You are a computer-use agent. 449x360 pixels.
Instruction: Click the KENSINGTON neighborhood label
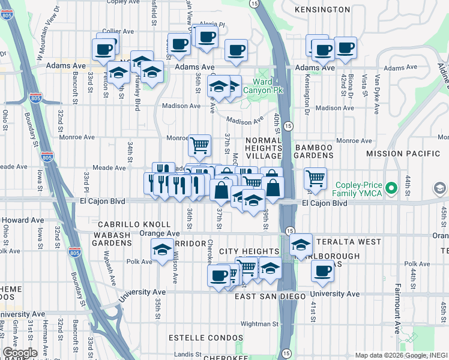coord(322,10)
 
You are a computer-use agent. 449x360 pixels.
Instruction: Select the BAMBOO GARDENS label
coord(313,152)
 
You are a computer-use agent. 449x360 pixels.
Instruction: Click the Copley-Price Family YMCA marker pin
coord(392,188)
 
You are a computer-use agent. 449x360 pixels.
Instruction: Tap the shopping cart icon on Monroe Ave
coord(199,144)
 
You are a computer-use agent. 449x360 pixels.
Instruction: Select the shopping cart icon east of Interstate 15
coord(315,178)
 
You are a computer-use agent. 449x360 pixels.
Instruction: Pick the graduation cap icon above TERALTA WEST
coord(301,244)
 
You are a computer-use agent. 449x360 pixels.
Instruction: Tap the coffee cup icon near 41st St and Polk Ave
coord(322,269)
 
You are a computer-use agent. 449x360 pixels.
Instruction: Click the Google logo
coord(20,353)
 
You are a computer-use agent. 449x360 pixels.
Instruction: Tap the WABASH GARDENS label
coord(112,243)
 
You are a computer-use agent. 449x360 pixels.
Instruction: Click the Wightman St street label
coord(259,323)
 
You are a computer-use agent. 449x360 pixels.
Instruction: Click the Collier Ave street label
coord(117,31)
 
